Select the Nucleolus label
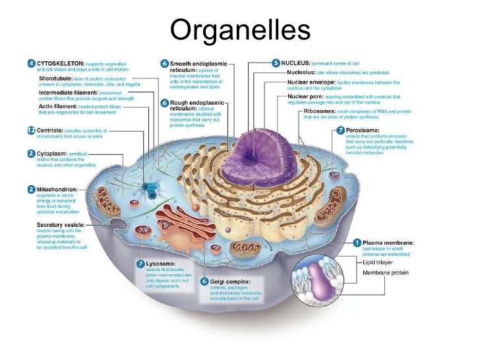[301, 72]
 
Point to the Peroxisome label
[363, 131]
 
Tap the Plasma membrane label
[388, 243]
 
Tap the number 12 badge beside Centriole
[31, 131]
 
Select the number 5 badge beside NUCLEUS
[276, 63]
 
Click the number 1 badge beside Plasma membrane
[357, 243]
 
